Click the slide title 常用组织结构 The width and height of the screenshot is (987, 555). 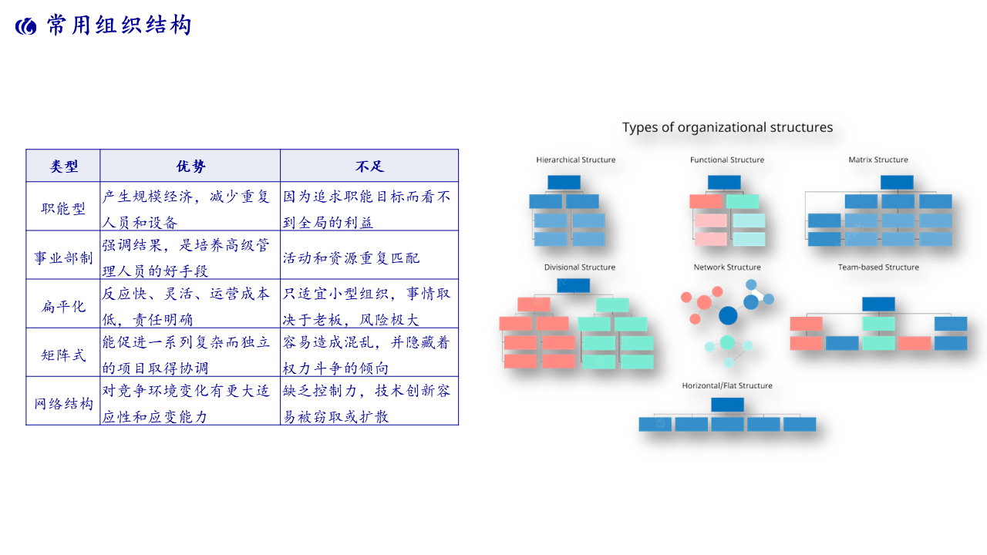119,25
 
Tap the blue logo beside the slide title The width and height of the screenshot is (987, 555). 26,27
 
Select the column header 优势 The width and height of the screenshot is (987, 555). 190,166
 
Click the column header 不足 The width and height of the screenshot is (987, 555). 369,166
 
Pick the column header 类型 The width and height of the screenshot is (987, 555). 64,166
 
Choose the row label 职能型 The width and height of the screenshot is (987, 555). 63,208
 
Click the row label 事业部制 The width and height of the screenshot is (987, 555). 63,257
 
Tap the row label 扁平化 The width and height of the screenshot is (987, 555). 63,306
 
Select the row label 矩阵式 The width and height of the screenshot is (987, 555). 63,355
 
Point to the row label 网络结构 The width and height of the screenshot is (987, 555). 63,403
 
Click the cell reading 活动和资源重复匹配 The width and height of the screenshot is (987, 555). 351,257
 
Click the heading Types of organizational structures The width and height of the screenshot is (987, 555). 727,127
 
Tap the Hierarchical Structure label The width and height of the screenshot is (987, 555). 576,160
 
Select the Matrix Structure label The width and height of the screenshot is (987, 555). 878,160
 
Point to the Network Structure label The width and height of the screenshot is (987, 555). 727,267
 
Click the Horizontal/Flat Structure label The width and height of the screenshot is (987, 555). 727,385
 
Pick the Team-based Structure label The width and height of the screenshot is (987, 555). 878,267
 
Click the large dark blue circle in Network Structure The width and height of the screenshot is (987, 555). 728,316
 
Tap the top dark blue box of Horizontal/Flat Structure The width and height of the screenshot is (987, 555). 727,405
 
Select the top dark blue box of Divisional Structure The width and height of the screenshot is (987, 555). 573,285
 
